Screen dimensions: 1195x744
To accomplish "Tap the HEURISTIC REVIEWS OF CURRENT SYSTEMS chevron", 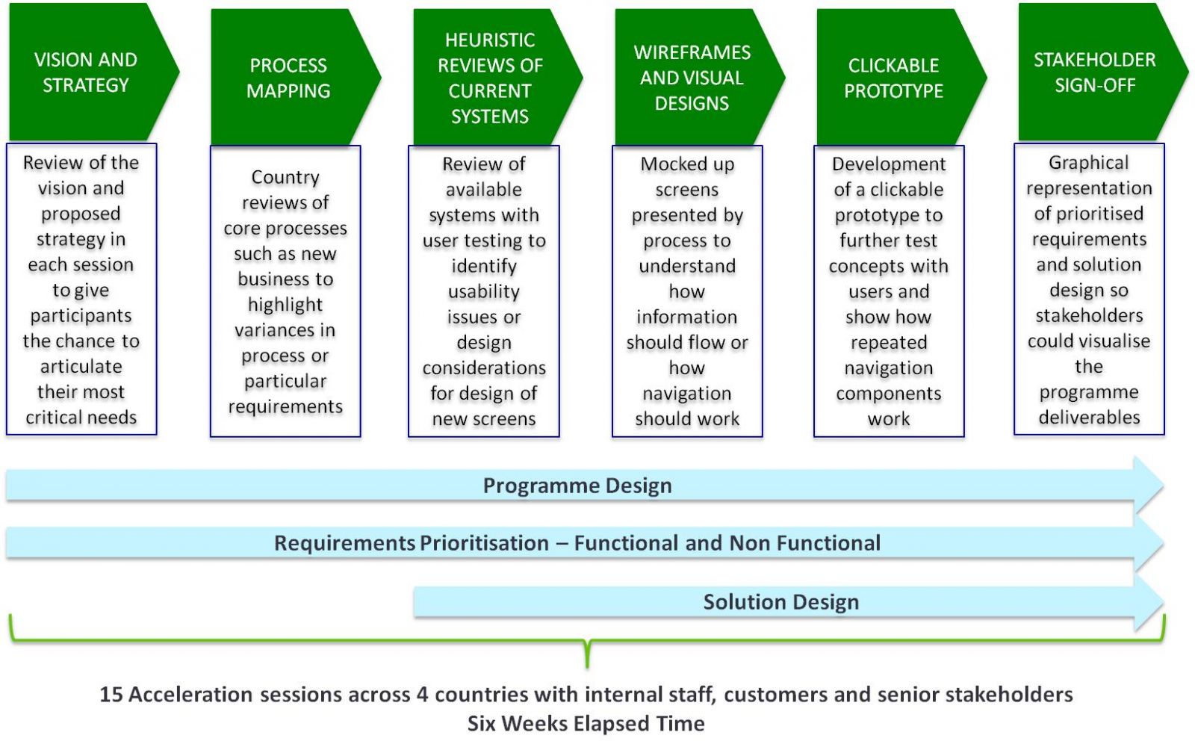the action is [494, 78].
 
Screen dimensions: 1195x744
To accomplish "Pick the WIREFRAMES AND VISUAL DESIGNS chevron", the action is [696, 78].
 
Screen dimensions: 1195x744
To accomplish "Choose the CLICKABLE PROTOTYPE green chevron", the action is [898, 78].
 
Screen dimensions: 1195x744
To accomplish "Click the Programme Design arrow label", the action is [577, 486].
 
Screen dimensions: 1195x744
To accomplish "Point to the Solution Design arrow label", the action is [781, 602].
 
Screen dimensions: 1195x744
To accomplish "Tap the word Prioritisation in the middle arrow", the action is [485, 543].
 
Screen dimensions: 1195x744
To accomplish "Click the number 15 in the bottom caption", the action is [111, 695].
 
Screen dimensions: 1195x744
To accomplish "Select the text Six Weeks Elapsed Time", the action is [586, 724].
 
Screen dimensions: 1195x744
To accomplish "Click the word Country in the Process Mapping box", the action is [285, 177].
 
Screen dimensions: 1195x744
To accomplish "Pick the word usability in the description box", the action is [484, 292].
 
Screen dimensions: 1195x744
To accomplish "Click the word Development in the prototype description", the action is [889, 164].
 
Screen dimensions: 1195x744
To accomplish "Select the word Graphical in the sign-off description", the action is [1089, 163].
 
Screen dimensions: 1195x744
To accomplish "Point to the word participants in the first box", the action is [81, 316].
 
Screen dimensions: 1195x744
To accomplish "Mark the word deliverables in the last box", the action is [1090, 418].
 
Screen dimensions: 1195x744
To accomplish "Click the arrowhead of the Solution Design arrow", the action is [1149, 603].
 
